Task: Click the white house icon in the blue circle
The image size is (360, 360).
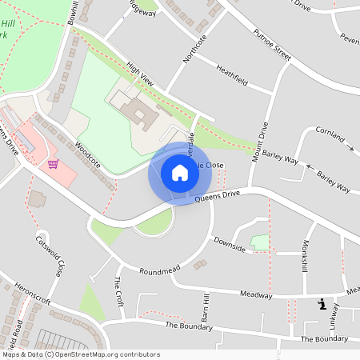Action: tap(179, 172)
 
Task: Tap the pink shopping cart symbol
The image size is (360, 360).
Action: tap(53, 164)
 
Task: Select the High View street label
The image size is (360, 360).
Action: tap(139, 76)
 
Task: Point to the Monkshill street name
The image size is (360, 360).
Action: tap(305, 256)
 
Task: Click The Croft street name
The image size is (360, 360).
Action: tap(118, 292)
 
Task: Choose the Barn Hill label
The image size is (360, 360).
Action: tap(206, 307)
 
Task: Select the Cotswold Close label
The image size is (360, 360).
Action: tap(49, 255)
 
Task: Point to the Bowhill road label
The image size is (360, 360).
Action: tap(74, 11)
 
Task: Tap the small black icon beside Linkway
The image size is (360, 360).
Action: tap(322, 304)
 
